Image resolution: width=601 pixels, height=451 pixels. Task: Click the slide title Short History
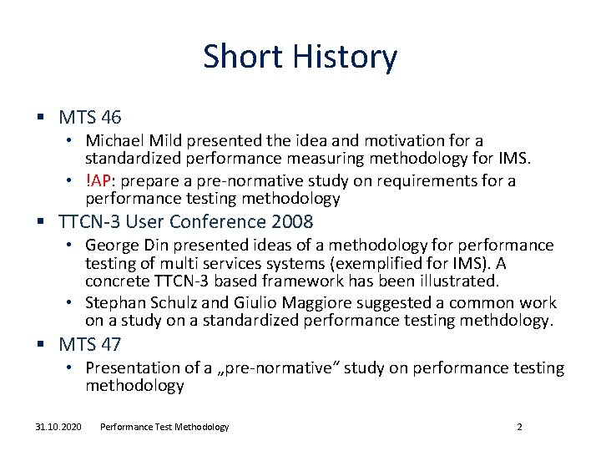[x=300, y=57]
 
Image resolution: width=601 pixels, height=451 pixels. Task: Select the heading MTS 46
[x=90, y=118]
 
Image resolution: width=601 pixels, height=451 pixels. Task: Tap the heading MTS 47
[x=90, y=343]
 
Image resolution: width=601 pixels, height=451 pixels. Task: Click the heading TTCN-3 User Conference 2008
[x=186, y=221]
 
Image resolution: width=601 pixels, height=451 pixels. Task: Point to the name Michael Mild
[x=128, y=141]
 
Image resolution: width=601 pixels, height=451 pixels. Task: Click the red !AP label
[x=98, y=181]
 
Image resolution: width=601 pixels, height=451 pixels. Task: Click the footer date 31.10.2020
[x=58, y=427]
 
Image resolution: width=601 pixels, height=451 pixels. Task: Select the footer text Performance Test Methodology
[x=164, y=427]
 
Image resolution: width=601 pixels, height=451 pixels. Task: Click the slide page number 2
[x=519, y=427]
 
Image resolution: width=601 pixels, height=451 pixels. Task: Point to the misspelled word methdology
[x=513, y=320]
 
